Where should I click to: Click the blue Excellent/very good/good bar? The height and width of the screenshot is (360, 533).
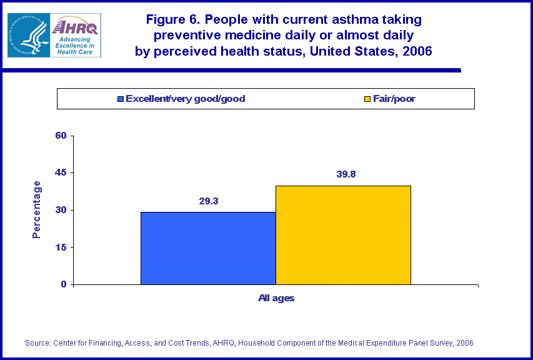tap(208, 248)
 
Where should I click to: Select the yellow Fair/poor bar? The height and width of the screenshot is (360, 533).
tap(343, 235)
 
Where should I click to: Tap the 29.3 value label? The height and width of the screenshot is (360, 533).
tap(208, 201)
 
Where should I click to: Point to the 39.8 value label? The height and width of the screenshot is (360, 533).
tap(343, 175)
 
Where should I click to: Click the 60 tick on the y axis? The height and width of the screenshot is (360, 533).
tap(61, 136)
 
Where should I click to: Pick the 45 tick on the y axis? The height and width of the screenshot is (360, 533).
tap(61, 172)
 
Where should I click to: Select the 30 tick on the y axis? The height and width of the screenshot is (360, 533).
tap(61, 210)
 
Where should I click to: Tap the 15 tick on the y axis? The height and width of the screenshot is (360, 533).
tap(61, 247)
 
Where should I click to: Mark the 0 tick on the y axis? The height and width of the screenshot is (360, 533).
tap(64, 284)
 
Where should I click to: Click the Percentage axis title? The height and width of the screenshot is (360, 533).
tap(37, 209)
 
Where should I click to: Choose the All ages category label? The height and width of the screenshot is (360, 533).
tap(276, 298)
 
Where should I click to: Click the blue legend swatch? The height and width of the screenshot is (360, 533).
tap(121, 99)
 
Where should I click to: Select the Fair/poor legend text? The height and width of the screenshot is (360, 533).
tap(394, 99)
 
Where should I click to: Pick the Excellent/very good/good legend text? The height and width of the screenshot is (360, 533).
tap(185, 99)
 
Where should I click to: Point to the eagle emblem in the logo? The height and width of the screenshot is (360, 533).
tap(27, 36)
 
